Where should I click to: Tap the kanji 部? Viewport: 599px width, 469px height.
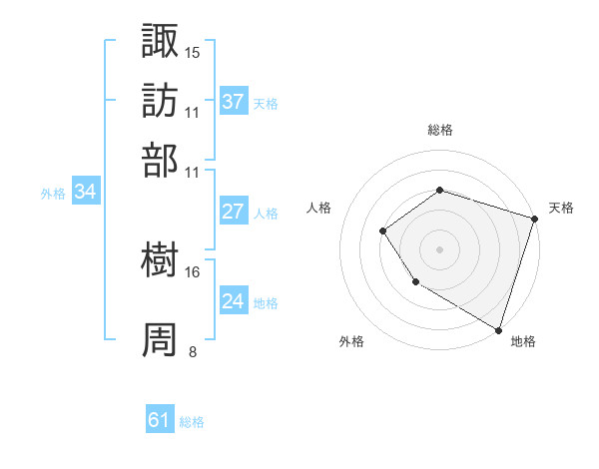pos(161,160)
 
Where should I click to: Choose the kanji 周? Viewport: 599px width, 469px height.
pos(161,339)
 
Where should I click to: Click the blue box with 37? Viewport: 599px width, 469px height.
pos(234,102)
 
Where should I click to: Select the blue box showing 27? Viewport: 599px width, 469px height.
pos(234,212)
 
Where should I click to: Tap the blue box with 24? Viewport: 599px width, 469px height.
pos(234,301)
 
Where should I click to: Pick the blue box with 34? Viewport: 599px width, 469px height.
pos(85,192)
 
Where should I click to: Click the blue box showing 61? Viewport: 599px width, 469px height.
pos(160,420)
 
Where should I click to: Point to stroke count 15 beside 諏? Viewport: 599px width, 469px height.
pos(192,52)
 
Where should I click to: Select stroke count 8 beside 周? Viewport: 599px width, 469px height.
pos(192,351)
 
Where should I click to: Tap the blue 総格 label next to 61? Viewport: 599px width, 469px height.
pos(192,422)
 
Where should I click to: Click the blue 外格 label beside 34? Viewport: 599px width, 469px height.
pos(53,194)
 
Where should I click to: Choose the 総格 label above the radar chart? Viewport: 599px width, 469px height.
pos(439,130)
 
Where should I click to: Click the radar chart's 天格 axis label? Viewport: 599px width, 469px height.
pos(561,208)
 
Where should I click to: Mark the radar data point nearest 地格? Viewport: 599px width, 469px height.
pos(497,328)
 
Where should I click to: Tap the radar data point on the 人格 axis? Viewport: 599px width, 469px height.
pos(382,232)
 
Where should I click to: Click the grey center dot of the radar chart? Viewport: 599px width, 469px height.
pos(439,249)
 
